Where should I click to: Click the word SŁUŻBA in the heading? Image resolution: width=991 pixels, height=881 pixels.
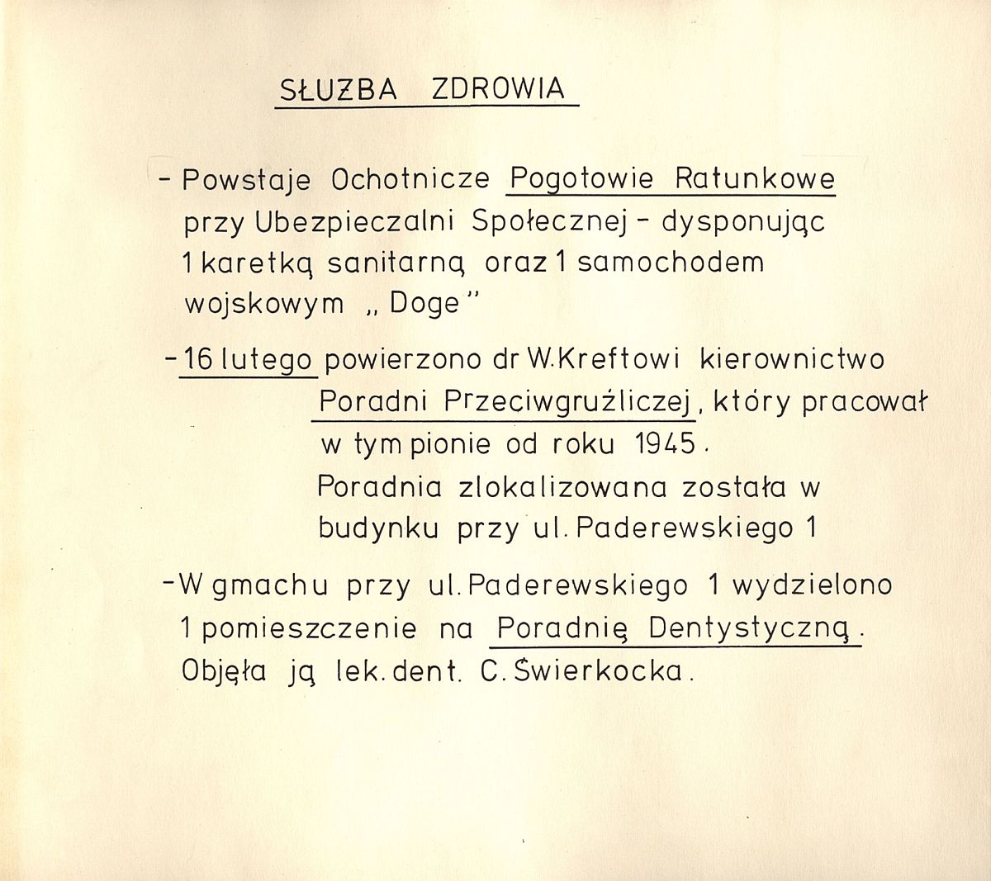pos(338,90)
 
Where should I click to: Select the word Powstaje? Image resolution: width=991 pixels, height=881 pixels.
pos(246,180)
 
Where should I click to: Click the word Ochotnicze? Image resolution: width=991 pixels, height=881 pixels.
pos(410,179)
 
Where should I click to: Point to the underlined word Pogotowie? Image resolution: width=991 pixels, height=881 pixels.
pos(582,178)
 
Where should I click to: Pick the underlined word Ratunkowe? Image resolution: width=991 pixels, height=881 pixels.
pos(755,178)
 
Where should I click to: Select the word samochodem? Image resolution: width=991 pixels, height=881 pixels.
pos(670,263)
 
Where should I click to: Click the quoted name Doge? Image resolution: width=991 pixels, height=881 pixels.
pos(424,304)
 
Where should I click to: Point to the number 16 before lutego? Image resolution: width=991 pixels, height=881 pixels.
pos(198,360)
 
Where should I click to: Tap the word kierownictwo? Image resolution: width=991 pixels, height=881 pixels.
pos(791,360)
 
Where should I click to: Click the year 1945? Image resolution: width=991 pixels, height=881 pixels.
pos(666,444)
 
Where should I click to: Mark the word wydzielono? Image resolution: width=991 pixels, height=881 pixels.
pos(812,585)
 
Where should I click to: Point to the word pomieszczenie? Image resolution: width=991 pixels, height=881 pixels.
pos(309,629)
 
